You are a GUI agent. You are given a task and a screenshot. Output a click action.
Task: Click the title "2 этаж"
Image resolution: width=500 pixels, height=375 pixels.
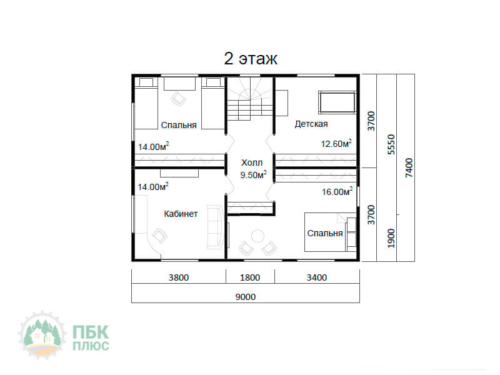[x=251, y=59]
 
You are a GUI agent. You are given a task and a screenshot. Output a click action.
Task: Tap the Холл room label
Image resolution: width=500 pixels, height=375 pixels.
[x=252, y=162]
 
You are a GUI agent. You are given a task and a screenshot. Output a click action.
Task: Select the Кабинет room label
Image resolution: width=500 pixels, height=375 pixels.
[x=181, y=214]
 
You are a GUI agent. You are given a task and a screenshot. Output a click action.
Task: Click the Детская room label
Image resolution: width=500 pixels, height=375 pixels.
[x=311, y=124]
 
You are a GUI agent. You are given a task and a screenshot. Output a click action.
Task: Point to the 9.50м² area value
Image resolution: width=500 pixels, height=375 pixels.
[x=254, y=175]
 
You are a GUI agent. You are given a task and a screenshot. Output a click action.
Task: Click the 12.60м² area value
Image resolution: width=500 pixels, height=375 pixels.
[x=336, y=144]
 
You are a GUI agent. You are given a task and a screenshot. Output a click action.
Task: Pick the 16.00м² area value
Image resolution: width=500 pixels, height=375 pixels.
[x=337, y=191]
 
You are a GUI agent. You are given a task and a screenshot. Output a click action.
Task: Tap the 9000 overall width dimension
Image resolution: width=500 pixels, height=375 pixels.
[x=246, y=297]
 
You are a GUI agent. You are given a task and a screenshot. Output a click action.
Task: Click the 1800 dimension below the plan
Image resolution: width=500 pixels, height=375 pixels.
[x=250, y=277]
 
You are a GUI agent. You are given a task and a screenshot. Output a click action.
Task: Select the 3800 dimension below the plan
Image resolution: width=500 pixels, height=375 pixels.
[x=179, y=277]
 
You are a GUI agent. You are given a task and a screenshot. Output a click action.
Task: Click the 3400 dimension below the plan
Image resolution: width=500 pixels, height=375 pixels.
[x=317, y=277]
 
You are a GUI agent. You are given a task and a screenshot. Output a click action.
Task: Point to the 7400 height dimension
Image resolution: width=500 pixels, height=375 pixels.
[x=409, y=167]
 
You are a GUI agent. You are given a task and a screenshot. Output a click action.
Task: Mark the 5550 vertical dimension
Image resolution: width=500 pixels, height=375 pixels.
[x=391, y=144]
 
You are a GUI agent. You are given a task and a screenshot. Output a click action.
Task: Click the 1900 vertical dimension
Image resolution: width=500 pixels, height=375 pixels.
[x=391, y=238]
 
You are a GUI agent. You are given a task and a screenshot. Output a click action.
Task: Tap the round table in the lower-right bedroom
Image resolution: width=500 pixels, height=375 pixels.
[x=257, y=236]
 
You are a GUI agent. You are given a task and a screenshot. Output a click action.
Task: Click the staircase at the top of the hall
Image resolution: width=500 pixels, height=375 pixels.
[x=249, y=99]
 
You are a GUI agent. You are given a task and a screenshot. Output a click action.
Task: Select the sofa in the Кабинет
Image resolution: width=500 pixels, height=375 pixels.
[x=215, y=227]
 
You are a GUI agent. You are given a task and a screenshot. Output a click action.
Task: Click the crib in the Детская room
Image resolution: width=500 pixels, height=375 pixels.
[x=337, y=102]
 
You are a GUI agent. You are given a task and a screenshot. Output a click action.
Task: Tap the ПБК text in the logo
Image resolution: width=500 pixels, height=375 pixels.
[x=91, y=332]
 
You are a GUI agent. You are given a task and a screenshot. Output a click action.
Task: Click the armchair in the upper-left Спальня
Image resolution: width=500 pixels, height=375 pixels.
[x=179, y=99]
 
